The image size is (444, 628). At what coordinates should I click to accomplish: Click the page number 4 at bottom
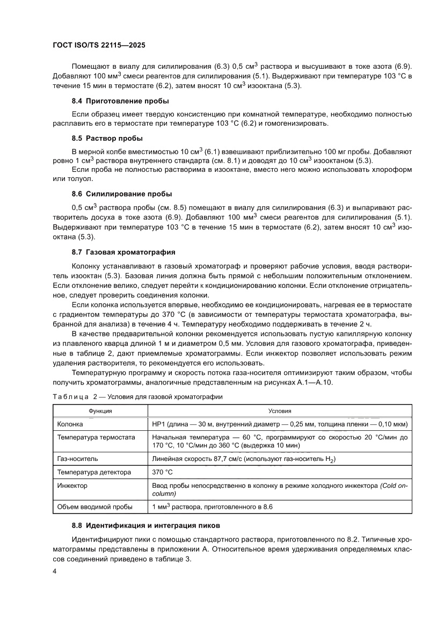[x=55, y=572]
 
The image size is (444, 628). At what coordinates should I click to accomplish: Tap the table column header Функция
[x=100, y=411]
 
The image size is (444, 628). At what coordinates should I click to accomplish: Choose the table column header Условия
[x=280, y=411]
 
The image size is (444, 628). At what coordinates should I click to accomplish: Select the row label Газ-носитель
[x=77, y=459]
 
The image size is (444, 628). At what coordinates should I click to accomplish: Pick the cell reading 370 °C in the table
[x=163, y=472]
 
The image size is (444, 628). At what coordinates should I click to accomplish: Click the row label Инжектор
[x=72, y=485]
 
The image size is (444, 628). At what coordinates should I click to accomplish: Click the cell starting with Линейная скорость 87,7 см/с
[x=244, y=459]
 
